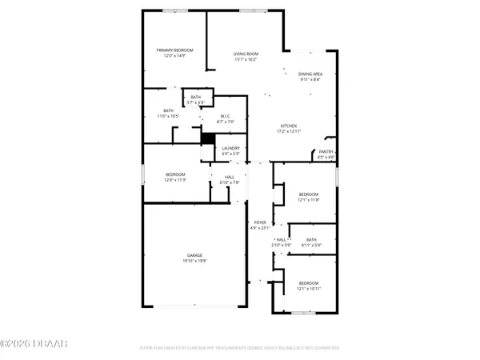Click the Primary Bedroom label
click(175, 50)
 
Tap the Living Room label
click(245, 54)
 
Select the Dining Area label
click(310, 74)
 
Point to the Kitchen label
click(289, 126)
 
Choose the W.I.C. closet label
click(226, 116)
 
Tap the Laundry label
click(231, 148)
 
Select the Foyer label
click(260, 222)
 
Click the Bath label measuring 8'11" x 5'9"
click(310, 239)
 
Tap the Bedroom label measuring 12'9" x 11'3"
click(175, 174)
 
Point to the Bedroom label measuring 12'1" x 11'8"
click(309, 194)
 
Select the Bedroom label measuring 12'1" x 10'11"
click(309, 283)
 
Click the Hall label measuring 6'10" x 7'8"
click(230, 178)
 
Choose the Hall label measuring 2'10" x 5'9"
click(281, 239)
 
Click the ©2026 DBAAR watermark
click(34, 344)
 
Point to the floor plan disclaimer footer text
click(241, 348)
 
